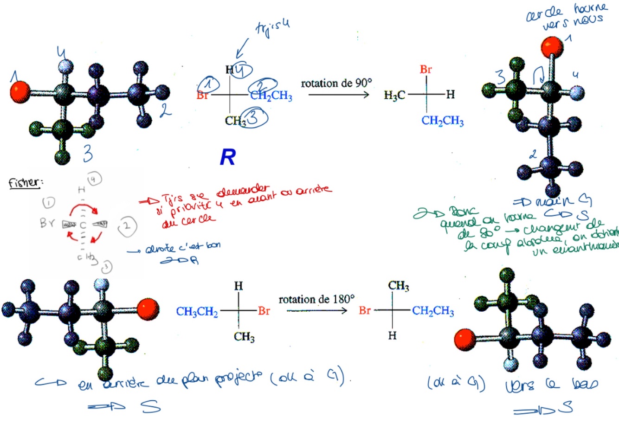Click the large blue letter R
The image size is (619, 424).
click(x=228, y=158)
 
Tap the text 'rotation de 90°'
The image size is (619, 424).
click(x=336, y=84)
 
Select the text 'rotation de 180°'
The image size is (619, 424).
click(x=316, y=300)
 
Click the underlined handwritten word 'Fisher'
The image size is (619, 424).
click(x=25, y=182)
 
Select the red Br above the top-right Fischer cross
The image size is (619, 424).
click(x=426, y=70)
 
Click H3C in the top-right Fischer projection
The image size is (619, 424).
click(x=394, y=96)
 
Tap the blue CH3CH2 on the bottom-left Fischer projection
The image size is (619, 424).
click(x=197, y=312)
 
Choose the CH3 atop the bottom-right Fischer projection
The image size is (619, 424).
click(x=399, y=286)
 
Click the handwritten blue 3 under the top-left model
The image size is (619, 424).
click(x=88, y=154)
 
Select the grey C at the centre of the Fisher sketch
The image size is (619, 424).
click(x=83, y=225)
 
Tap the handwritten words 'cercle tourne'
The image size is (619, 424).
click(x=566, y=13)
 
